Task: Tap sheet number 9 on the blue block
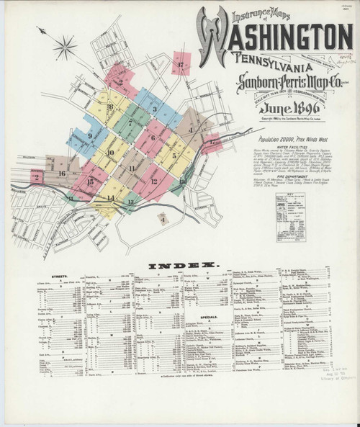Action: click(x=90, y=135)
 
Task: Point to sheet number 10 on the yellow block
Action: click(x=110, y=153)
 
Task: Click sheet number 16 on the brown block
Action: click(x=63, y=174)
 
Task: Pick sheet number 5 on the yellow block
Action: click(x=174, y=155)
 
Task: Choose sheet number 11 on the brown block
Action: click(x=132, y=168)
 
